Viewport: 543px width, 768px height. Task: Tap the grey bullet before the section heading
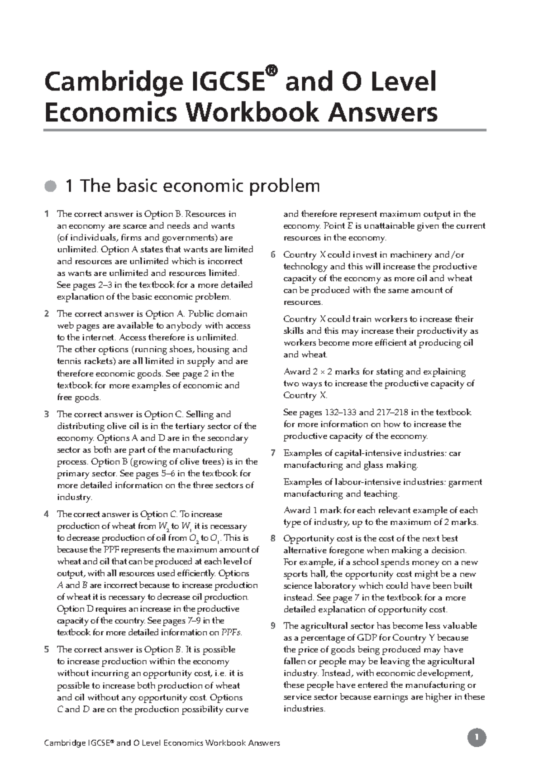point(51,186)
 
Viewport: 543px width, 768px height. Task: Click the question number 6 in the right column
point(273,255)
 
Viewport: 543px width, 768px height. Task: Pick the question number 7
point(273,453)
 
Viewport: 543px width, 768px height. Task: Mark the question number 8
point(273,539)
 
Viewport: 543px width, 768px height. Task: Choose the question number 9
point(273,626)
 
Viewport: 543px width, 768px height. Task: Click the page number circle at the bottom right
point(476,738)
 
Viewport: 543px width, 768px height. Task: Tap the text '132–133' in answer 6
point(340,413)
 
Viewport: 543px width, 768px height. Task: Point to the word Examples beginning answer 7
point(301,453)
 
